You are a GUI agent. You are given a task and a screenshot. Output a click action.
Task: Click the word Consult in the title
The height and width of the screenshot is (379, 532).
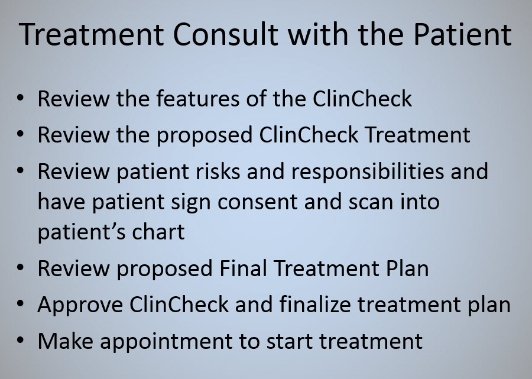225,34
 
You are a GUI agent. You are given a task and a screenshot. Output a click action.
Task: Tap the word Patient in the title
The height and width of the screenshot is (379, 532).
462,34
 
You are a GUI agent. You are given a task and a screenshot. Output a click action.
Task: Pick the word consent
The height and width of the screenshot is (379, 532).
258,202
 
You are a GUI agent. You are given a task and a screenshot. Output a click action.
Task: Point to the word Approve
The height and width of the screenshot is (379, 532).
80,305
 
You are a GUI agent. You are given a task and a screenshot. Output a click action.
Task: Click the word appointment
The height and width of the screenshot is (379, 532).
166,342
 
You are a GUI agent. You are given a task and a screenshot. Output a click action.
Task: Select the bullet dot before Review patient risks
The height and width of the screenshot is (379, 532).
20,170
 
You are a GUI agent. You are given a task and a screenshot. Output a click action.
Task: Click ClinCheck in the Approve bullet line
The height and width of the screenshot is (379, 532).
179,305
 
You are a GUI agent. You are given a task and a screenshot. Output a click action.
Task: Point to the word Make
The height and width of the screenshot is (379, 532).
66,341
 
